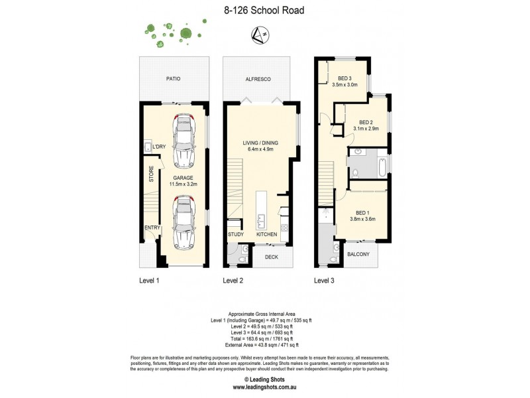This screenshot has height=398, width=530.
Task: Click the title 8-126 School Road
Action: pyautogui.click(x=264, y=11)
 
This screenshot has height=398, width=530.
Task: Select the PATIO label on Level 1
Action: pyautogui.click(x=173, y=78)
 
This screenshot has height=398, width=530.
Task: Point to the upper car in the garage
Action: pyautogui.click(x=183, y=141)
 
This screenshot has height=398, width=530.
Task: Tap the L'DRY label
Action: pyautogui.click(x=159, y=146)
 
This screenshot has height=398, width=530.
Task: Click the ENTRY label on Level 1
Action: pyautogui.click(x=152, y=228)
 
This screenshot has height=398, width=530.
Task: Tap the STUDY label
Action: pyautogui.click(x=236, y=235)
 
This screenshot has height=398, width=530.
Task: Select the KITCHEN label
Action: pyautogui.click(x=266, y=235)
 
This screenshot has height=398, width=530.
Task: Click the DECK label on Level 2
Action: pyautogui.click(x=272, y=256)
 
